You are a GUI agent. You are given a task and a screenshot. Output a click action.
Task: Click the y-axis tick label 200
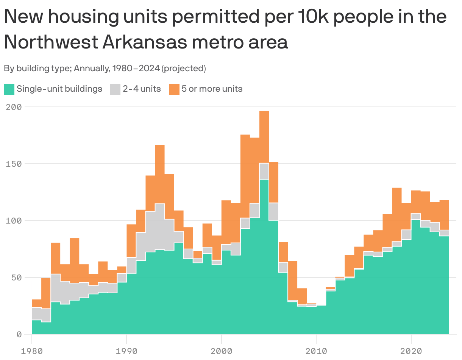point(14,107)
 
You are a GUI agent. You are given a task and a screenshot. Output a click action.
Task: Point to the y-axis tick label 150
point(14,164)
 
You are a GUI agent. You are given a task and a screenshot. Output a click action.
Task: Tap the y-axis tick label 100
point(14,221)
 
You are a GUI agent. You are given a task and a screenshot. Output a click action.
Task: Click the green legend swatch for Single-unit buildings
point(9,89)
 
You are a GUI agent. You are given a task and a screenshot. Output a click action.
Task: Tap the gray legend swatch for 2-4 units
point(115,89)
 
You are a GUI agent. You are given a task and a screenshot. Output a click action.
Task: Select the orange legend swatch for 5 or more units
point(174,89)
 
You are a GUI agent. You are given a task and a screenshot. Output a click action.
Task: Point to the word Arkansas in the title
point(144,42)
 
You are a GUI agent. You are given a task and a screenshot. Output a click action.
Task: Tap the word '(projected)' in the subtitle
point(184,69)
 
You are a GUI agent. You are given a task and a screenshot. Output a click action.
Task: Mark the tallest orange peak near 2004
point(264,136)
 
